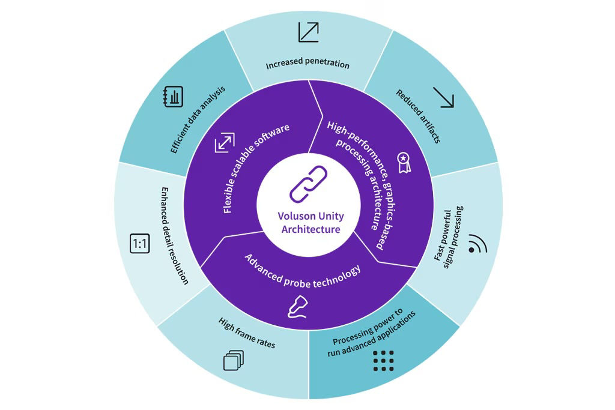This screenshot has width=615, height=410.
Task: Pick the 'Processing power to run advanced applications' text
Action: (x=375, y=332)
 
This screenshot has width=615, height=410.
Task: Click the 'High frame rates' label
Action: (x=247, y=333)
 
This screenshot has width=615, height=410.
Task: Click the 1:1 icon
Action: (x=140, y=244)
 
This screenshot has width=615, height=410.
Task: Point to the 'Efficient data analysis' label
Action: (x=197, y=119)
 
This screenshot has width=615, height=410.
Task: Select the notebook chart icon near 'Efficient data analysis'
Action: (x=173, y=97)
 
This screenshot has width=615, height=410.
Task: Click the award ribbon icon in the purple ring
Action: (x=403, y=161)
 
